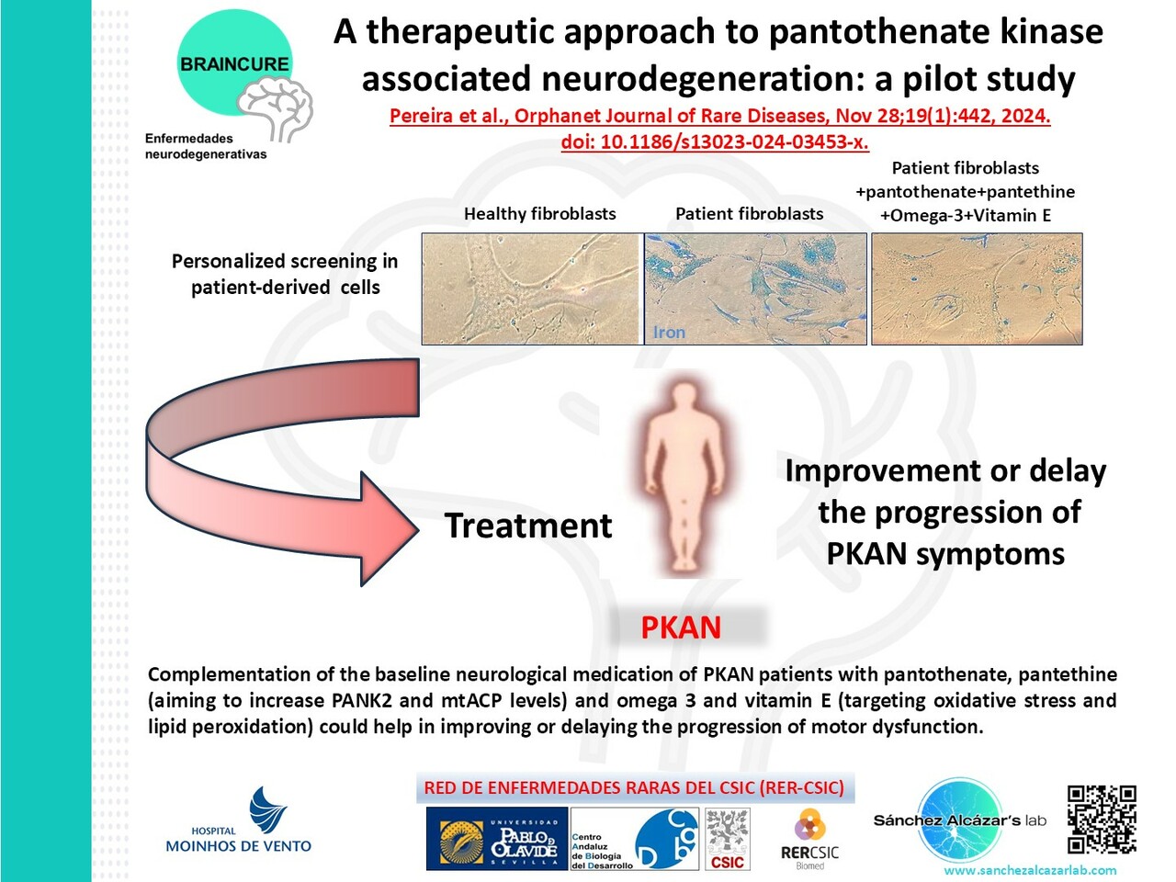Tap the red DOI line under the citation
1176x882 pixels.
[715, 142]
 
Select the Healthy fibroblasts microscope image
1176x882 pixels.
[530, 288]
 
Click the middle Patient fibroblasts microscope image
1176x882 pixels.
[755, 288]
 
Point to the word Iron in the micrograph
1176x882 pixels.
[669, 333]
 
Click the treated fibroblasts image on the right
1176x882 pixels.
[976, 288]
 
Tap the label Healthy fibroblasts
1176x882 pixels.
[539, 214]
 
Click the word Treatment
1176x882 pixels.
[528, 526]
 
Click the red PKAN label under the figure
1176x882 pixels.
[681, 628]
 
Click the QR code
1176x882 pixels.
[1102, 820]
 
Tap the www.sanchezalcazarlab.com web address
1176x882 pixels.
[1030, 870]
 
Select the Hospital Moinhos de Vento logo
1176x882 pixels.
[239, 822]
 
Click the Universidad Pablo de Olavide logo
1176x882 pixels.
[497, 839]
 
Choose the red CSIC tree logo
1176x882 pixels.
[728, 839]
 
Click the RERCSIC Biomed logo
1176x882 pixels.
[809, 839]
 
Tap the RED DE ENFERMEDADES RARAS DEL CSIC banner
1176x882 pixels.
[634, 788]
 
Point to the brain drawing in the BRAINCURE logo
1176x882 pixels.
[277, 106]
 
